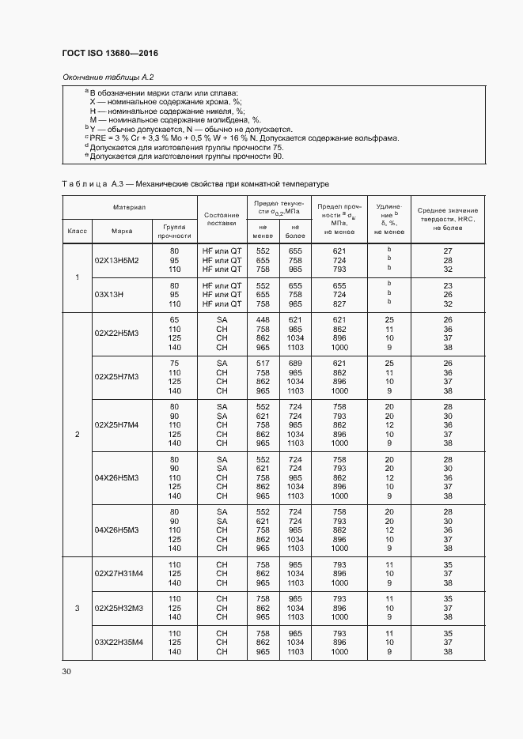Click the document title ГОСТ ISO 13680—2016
coord(110,53)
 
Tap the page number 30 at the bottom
coord(66,671)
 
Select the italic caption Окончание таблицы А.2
coord(107,77)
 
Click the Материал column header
coord(129,206)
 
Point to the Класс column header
coord(77,231)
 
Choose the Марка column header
coord(121,231)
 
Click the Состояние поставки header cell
coord(222,219)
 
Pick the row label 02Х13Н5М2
coord(116,260)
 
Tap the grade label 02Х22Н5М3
coord(116,333)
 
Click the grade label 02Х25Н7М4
coord(116,424)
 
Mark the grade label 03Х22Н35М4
coord(119,642)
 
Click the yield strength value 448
coord(263,319)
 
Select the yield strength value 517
coord(263,363)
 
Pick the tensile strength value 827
coord(339,304)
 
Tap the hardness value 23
coord(447,285)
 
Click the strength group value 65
coord(175,319)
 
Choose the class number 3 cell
coord(77,607)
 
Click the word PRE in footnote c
coord(99,138)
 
